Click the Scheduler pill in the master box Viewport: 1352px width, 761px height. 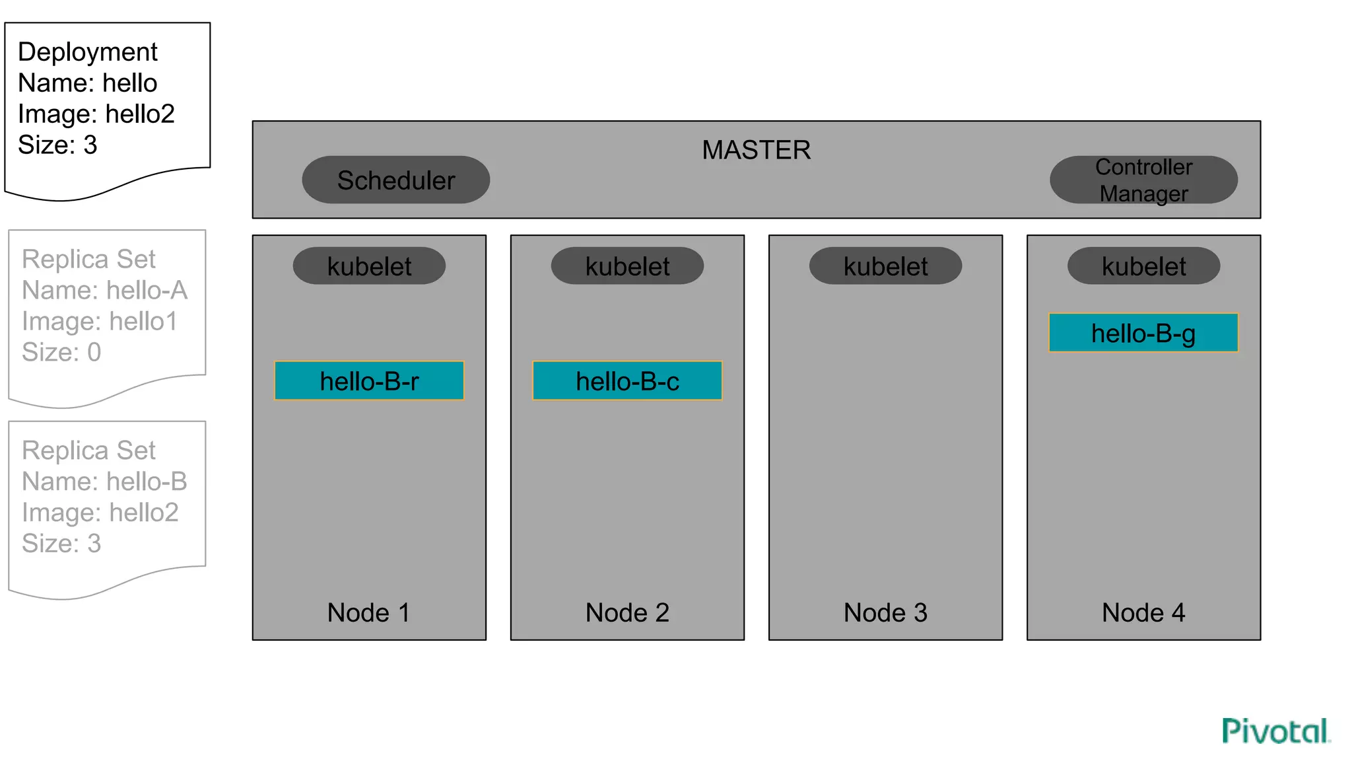tap(395, 180)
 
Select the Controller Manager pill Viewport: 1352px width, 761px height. tap(1143, 180)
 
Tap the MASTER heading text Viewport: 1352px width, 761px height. tap(756, 150)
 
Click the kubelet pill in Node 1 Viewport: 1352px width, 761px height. tap(369, 266)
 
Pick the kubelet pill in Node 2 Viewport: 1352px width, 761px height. tap(627, 266)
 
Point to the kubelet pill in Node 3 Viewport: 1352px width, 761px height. tap(885, 266)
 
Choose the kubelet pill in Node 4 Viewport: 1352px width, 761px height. tap(1143, 266)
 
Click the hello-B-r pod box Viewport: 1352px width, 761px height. tap(369, 380)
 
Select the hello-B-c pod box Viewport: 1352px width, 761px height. tap(627, 380)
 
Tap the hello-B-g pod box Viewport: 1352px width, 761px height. tap(1143, 333)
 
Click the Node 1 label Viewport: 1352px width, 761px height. tap(368, 612)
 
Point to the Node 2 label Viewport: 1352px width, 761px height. tap(627, 612)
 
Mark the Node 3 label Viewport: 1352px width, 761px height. tap(885, 612)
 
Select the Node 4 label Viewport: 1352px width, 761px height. tap(1143, 612)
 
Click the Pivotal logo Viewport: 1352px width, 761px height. tap(1275, 731)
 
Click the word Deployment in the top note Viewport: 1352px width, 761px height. tap(88, 52)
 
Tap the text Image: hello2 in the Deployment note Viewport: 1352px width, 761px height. tap(96, 114)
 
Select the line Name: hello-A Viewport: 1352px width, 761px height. tap(104, 290)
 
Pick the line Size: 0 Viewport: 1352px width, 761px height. tap(61, 352)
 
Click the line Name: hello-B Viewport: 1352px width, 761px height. tap(104, 481)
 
